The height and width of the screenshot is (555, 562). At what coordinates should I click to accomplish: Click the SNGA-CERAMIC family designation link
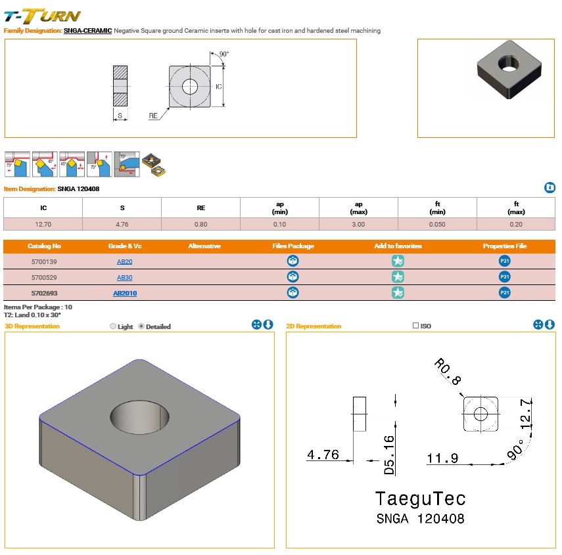click(87, 31)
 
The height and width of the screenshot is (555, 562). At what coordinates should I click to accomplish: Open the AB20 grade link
click(125, 261)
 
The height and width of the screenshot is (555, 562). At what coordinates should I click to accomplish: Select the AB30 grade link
click(125, 277)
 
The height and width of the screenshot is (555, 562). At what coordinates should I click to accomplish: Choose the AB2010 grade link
click(125, 293)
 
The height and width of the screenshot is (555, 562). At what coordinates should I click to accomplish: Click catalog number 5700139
click(45, 261)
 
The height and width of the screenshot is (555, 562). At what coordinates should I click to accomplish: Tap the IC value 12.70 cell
click(43, 224)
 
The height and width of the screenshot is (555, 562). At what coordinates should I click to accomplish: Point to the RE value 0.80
click(201, 224)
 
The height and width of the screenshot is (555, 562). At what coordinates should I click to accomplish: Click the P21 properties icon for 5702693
click(504, 293)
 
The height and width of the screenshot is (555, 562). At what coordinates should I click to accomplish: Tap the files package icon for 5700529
click(293, 277)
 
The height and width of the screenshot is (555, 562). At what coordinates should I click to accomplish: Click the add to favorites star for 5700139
click(398, 261)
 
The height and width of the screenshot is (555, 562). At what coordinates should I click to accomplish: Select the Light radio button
click(113, 326)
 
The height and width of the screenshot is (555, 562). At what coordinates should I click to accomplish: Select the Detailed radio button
click(141, 326)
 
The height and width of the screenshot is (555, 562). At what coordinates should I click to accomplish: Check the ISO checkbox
click(415, 326)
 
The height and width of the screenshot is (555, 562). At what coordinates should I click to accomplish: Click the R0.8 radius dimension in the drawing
click(448, 371)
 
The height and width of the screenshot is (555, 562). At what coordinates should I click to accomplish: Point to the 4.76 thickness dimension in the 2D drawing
click(323, 455)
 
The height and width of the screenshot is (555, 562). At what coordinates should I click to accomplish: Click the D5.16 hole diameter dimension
click(388, 455)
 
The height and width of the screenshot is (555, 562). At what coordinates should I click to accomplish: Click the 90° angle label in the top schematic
click(224, 54)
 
